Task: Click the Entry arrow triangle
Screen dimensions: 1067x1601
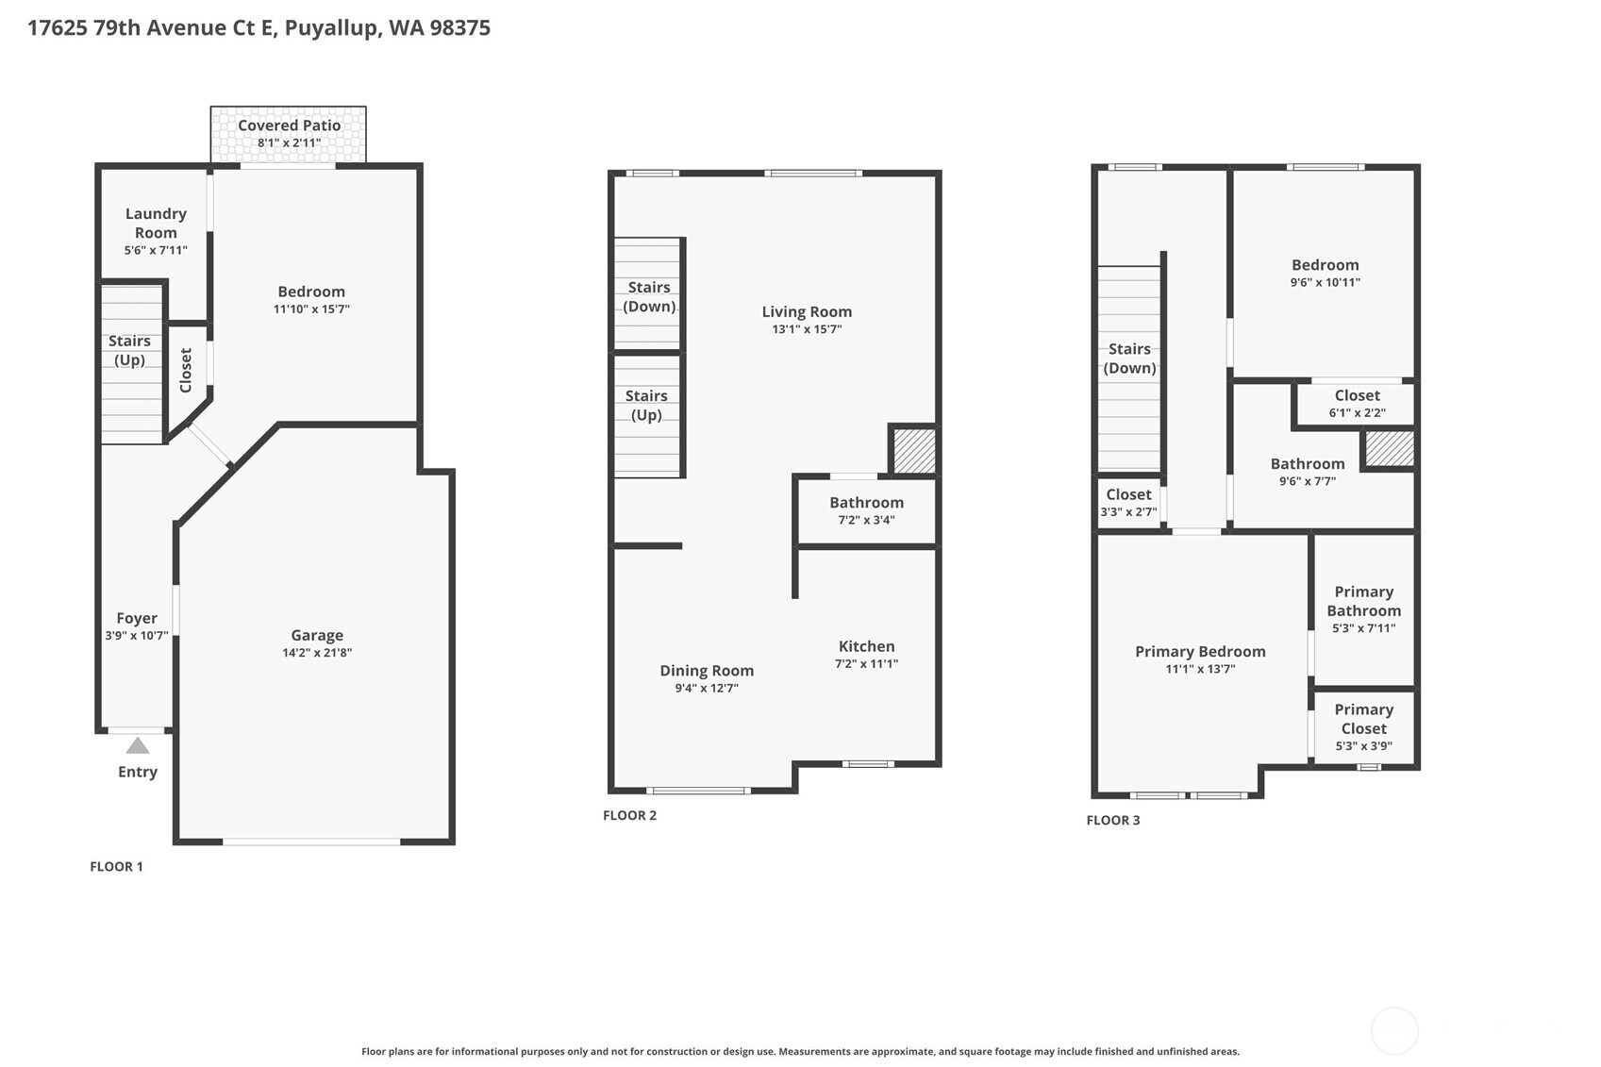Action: (x=138, y=746)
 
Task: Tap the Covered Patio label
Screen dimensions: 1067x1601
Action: (x=289, y=125)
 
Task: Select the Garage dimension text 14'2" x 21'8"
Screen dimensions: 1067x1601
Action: (x=317, y=653)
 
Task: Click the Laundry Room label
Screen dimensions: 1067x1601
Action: (x=156, y=224)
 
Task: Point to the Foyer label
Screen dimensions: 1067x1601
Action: (x=137, y=619)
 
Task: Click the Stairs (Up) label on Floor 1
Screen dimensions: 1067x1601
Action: (x=129, y=350)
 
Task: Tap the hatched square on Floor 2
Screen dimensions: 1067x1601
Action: (x=913, y=451)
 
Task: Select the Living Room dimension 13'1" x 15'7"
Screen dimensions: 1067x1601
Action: (x=807, y=329)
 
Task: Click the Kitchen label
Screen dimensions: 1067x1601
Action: (x=866, y=646)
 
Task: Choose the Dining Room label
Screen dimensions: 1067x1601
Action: (x=707, y=671)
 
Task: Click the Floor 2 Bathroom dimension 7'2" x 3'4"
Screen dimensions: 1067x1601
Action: (x=866, y=520)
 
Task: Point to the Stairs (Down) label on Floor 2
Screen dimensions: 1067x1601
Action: (x=649, y=297)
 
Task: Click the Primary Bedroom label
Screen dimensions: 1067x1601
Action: (x=1200, y=652)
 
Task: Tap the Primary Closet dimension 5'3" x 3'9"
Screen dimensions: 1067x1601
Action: (x=1363, y=746)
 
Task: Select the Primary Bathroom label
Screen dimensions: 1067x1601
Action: (x=1363, y=601)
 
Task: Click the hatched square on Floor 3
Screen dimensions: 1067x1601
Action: (x=1390, y=448)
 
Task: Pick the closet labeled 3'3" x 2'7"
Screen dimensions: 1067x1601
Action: (x=1128, y=503)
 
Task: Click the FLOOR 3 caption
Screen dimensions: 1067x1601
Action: (x=1112, y=820)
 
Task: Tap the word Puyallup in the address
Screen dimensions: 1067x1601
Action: (x=332, y=27)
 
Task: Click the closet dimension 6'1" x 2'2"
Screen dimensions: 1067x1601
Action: (x=1357, y=412)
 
